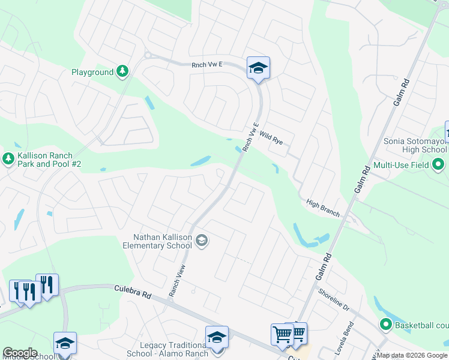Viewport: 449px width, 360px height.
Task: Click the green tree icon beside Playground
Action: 122,72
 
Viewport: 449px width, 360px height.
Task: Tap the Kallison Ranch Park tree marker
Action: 8,159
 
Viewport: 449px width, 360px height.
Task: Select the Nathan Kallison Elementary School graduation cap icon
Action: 202,241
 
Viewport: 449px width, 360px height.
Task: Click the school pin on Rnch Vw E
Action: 258,68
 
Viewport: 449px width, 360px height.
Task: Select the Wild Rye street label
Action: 271,139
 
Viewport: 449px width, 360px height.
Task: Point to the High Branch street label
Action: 323,208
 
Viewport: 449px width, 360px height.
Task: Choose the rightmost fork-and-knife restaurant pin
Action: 47,285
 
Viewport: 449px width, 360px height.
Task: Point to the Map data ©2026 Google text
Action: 412,355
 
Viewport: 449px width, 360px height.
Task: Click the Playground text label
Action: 92,72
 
